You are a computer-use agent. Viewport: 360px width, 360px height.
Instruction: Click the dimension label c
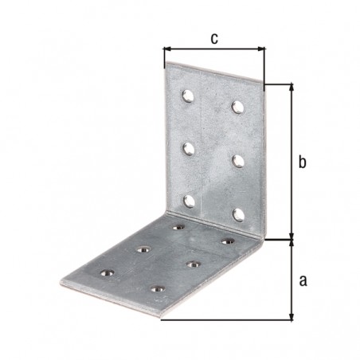(x=214, y=39)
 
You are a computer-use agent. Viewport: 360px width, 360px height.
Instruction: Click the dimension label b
(x=302, y=162)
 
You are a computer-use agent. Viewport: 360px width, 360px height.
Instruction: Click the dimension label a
(x=303, y=280)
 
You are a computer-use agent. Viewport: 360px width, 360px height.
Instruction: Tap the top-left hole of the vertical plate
(x=188, y=96)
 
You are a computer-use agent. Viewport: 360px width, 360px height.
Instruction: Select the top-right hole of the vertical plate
(x=237, y=107)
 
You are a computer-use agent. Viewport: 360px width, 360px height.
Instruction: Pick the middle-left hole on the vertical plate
(x=189, y=149)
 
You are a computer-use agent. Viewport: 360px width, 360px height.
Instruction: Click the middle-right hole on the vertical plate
(x=238, y=161)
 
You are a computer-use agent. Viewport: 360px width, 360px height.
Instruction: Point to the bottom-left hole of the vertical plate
(x=190, y=202)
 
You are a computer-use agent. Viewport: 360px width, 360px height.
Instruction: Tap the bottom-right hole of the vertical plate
(x=238, y=215)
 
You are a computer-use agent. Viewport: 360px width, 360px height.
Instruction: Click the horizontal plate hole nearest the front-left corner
(x=108, y=272)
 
